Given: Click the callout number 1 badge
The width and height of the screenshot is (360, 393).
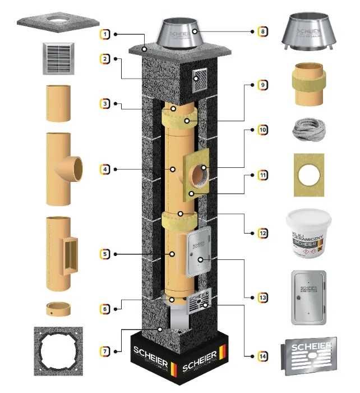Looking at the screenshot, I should (x=105, y=34).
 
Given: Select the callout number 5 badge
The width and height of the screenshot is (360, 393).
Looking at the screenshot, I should (x=105, y=254).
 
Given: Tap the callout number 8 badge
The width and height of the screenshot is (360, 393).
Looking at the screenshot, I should (x=262, y=31).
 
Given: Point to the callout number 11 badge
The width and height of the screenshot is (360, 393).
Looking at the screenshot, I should (x=262, y=176).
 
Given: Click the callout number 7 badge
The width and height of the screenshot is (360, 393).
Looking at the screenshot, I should (x=105, y=351).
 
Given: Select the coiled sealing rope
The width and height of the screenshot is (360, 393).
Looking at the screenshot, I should (x=307, y=132).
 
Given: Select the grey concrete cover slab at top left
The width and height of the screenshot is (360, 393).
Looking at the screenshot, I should (x=59, y=20).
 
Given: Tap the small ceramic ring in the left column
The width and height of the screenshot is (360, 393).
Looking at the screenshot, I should (x=58, y=308).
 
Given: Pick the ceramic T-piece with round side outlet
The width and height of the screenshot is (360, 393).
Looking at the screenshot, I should (x=61, y=168).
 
